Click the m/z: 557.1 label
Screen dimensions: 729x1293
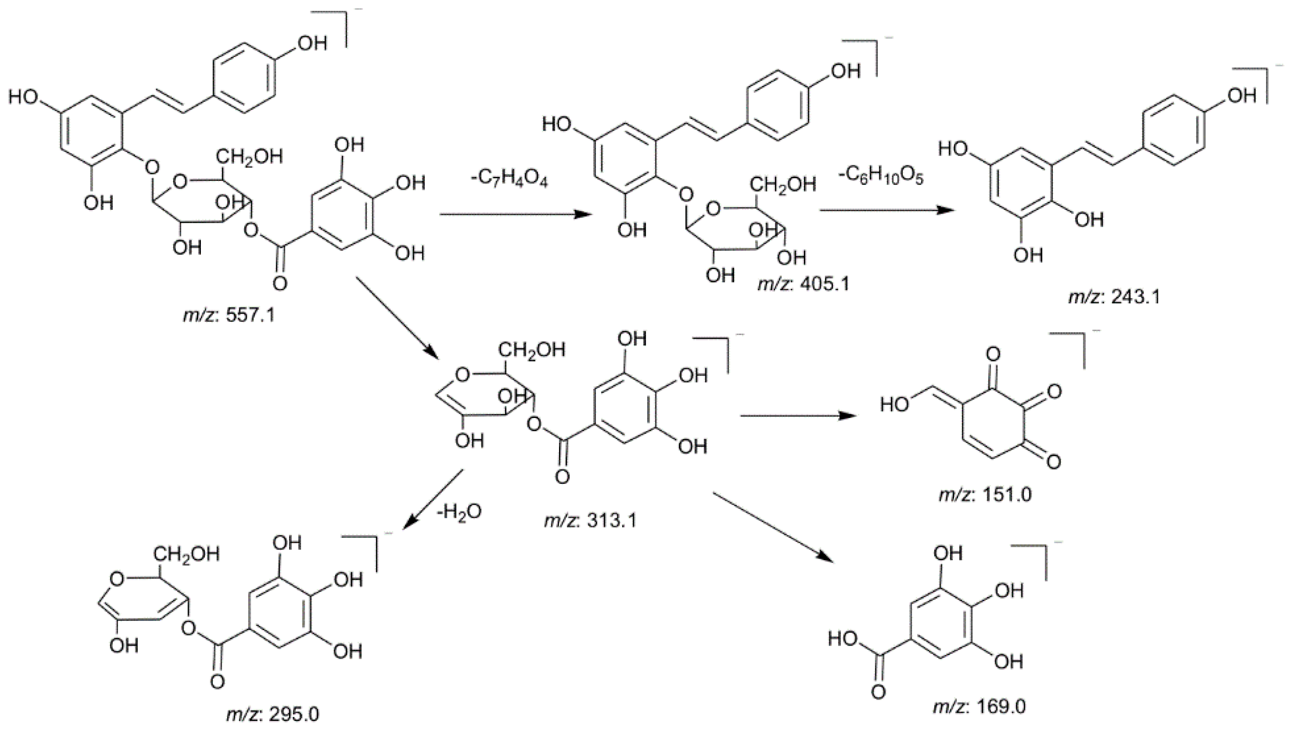point(228,315)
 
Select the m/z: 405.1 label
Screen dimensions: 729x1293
point(804,284)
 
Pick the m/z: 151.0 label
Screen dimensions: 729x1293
point(985,495)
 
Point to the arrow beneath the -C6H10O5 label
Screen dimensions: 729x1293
point(886,210)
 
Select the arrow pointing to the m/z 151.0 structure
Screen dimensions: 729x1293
point(798,416)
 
